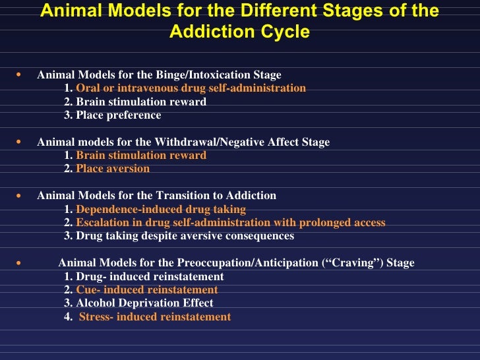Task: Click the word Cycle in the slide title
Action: [x=285, y=32]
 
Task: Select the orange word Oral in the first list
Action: [x=88, y=88]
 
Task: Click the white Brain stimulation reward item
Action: [x=140, y=102]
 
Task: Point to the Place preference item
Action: [x=118, y=115]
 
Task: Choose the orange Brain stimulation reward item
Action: [x=140, y=156]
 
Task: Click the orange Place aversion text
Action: [x=113, y=169]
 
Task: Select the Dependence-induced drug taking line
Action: [x=161, y=209]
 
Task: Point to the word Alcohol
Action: [x=95, y=303]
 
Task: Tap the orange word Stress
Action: [x=95, y=317]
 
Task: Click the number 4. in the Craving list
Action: [x=69, y=317]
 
